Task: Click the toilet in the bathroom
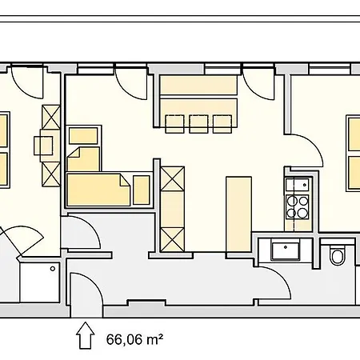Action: pos(337,256)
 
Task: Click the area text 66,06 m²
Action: pos(135,338)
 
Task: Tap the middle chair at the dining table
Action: pos(198,123)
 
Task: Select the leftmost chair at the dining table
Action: pos(174,123)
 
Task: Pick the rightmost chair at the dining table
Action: pos(222,123)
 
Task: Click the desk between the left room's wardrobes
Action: pos(43,145)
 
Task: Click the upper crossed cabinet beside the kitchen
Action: pos(173,178)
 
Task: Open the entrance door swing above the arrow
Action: pos(86,292)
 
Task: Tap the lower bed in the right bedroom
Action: pos(353,174)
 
